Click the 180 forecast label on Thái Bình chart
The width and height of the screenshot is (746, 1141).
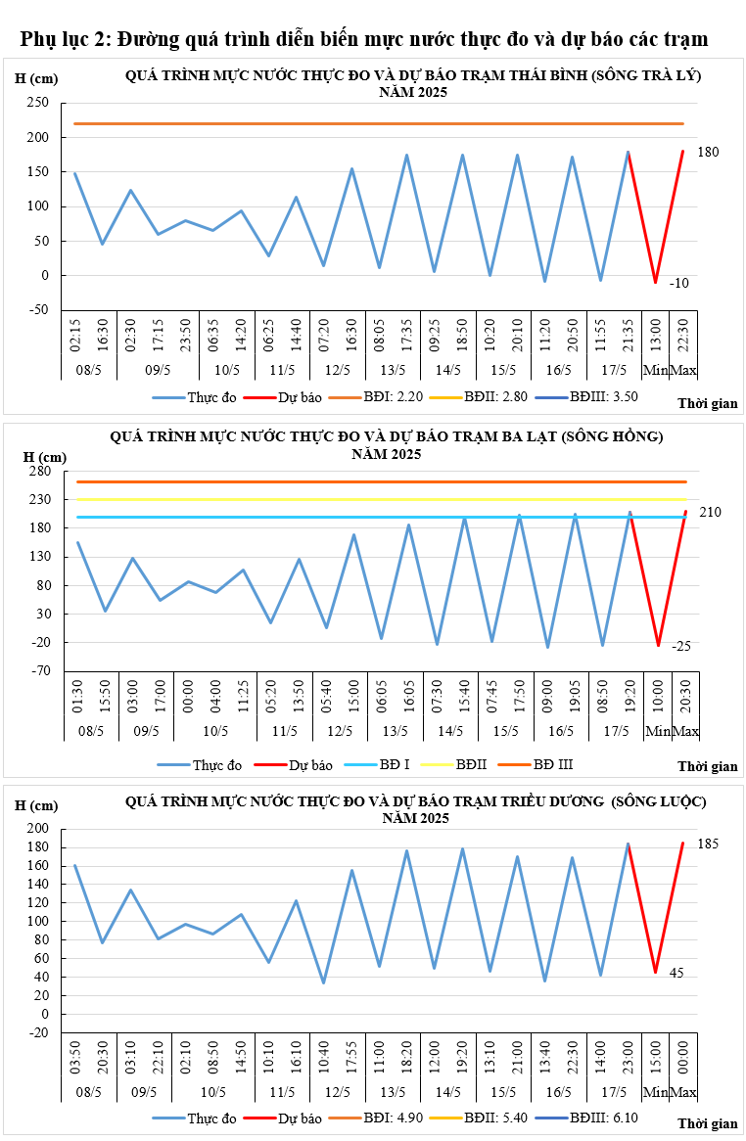pos(708,152)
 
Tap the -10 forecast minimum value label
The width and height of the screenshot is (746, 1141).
pos(678,283)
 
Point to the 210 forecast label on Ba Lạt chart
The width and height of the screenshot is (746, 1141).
pos(710,512)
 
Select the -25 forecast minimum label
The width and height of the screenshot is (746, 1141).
pos(680,646)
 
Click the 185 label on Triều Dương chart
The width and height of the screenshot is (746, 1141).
pos(708,843)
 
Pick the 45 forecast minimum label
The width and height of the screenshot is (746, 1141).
pos(676,973)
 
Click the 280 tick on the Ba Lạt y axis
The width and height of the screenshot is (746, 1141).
pos(39,471)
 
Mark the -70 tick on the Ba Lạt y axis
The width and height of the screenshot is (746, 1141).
pos(39,671)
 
